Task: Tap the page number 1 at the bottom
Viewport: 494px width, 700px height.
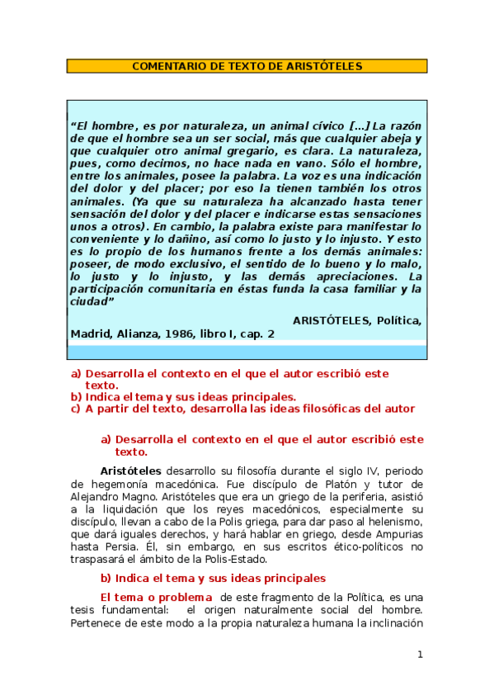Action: tap(420, 655)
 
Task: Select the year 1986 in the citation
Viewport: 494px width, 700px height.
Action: tap(175, 333)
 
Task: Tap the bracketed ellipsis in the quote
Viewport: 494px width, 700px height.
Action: tap(336, 125)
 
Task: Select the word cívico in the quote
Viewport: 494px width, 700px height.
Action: tap(298, 125)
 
